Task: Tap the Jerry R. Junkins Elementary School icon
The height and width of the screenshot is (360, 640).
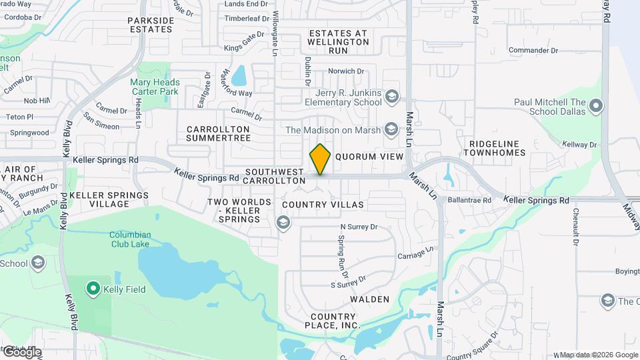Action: click(391, 97)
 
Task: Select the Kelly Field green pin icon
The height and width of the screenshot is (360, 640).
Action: click(93, 289)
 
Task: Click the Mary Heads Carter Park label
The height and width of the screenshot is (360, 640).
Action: click(155, 87)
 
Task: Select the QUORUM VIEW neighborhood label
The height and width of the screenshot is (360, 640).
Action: click(370, 157)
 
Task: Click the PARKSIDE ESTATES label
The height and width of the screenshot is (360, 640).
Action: click(151, 25)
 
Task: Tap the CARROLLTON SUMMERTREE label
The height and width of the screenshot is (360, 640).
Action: click(218, 133)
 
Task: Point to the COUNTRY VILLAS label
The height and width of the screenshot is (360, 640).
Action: click(323, 205)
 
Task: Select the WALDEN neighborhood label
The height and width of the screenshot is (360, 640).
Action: click(369, 299)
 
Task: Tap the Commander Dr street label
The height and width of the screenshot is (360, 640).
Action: click(533, 50)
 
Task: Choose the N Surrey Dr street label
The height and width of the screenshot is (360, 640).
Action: click(359, 227)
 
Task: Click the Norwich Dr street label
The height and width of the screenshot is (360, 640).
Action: click(346, 71)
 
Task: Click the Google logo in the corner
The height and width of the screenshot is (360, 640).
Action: click(21, 353)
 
